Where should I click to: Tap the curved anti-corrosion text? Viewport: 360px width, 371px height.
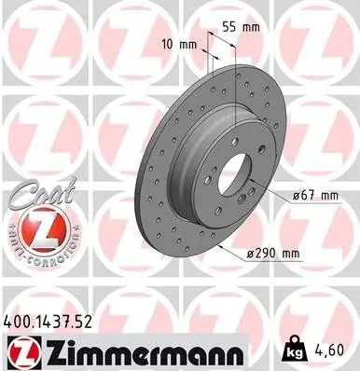[35, 253]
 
